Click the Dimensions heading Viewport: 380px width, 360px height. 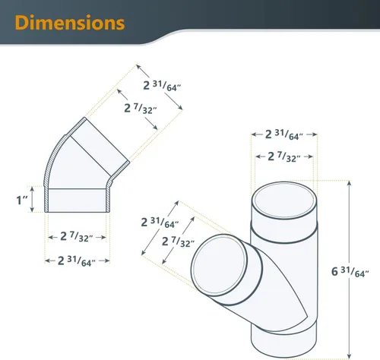click(x=70, y=23)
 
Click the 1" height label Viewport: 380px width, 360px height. click(x=22, y=200)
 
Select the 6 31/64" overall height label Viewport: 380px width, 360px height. click(x=350, y=272)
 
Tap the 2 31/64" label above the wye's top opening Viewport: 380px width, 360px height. click(x=284, y=134)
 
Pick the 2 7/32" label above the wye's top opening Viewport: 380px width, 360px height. click(x=284, y=157)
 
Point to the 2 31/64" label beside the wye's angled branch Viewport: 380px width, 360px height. click(x=160, y=223)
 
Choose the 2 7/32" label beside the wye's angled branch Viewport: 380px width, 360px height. click(x=178, y=242)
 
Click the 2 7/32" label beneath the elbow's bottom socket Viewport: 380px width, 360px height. click(x=77, y=237)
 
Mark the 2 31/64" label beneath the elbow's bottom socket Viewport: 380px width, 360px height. click(x=77, y=261)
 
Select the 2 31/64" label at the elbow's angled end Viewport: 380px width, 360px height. click(x=162, y=86)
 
